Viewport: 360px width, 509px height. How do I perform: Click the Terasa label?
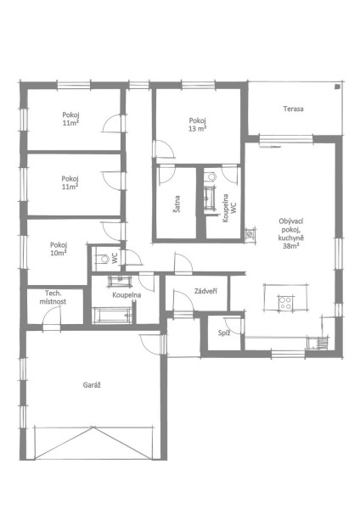click(293, 109)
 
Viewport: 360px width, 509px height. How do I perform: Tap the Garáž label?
click(92, 385)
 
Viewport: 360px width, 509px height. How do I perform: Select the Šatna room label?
click(177, 204)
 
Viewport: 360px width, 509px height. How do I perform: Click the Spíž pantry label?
click(224, 333)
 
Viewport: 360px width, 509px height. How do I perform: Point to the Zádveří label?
click(205, 291)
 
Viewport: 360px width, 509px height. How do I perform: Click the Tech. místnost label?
click(53, 298)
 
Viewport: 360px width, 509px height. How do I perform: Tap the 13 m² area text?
click(198, 129)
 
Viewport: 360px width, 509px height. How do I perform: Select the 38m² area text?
click(291, 246)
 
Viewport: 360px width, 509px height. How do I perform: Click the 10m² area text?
click(59, 253)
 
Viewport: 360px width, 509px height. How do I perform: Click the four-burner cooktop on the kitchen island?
click(285, 303)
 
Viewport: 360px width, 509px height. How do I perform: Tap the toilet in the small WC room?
click(104, 259)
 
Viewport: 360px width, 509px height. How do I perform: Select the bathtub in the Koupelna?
click(112, 316)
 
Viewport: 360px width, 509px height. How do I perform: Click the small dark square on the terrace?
click(338, 87)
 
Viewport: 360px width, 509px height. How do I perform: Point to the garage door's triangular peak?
click(93, 428)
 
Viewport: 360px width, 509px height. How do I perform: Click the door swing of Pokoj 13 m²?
click(165, 149)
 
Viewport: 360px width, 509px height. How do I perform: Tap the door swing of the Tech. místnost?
click(51, 315)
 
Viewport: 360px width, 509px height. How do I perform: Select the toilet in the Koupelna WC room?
click(212, 176)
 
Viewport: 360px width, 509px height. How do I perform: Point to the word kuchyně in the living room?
click(291, 238)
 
